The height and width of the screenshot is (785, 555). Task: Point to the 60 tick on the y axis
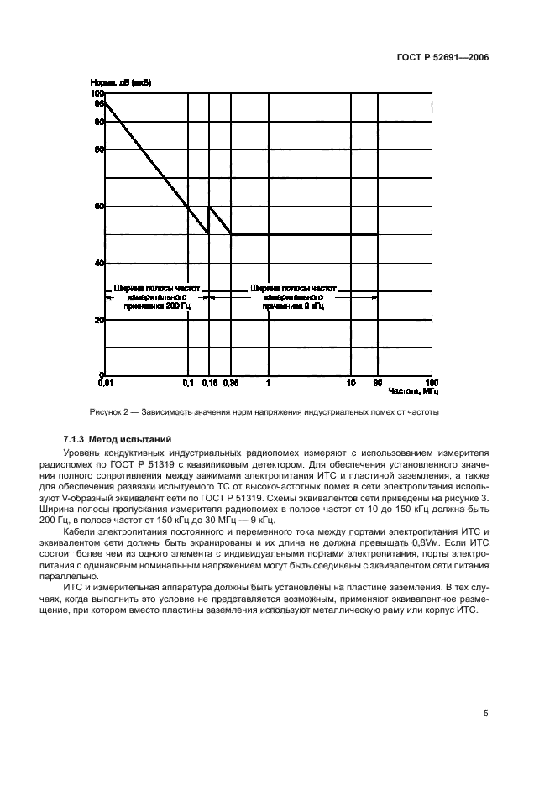point(100,206)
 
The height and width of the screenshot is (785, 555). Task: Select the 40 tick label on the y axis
point(100,263)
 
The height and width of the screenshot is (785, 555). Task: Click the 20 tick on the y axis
point(100,320)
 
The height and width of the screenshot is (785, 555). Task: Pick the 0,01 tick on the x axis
point(105,383)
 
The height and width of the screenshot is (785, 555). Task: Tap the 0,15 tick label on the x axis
point(209,383)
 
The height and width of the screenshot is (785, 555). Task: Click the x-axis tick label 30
point(378,383)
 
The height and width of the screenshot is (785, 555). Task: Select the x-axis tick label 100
point(432,383)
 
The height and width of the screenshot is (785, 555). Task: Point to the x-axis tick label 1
point(269,383)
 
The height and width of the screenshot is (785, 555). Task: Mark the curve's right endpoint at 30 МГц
point(378,234)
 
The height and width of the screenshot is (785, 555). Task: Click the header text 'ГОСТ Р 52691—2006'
point(442,58)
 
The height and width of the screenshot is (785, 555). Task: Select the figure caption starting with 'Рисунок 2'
point(264,412)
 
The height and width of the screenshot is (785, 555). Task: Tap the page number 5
point(485,714)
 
